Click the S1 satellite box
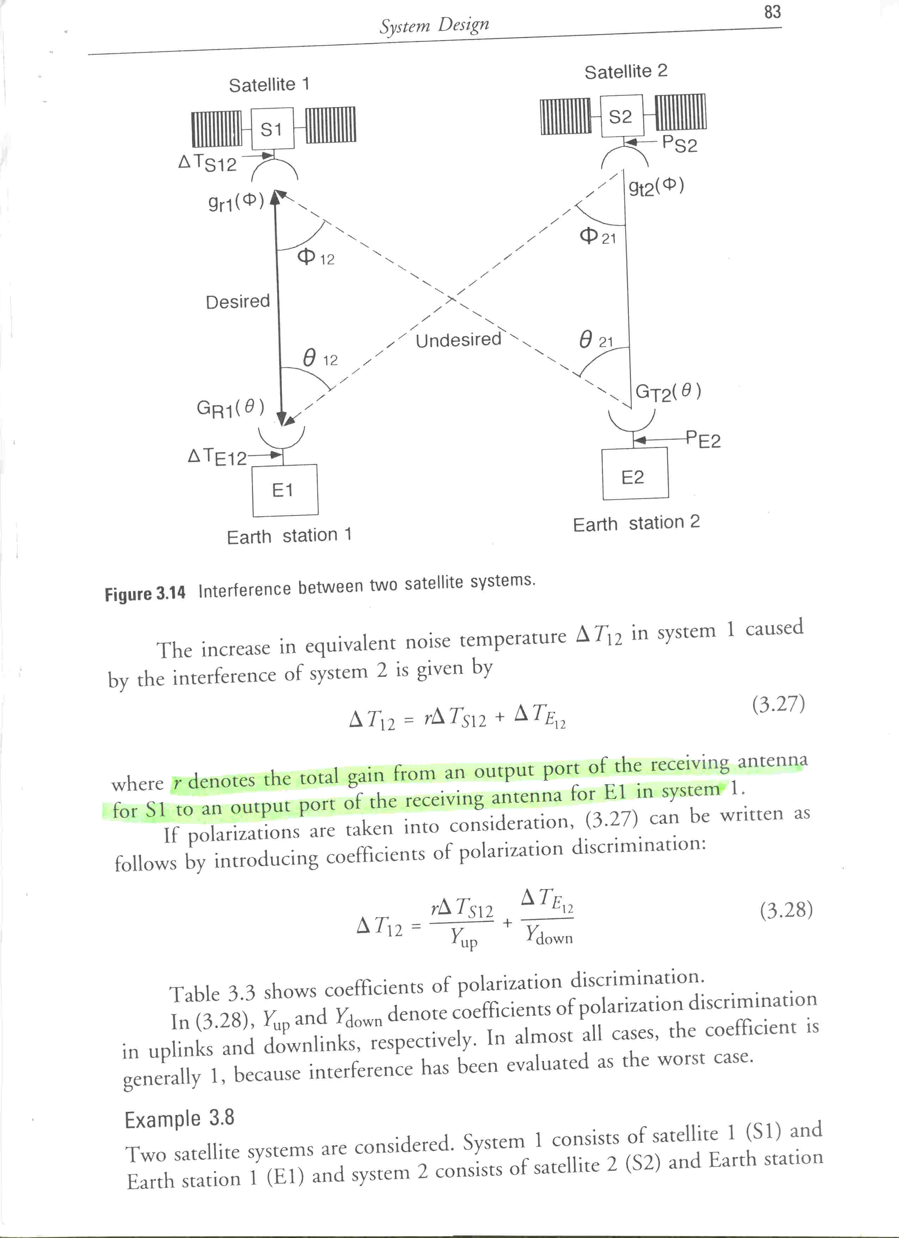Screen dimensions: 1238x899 click(x=272, y=129)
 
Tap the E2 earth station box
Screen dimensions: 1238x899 click(x=635, y=473)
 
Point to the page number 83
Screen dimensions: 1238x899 click(x=772, y=12)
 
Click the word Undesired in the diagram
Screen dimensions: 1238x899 click(x=458, y=340)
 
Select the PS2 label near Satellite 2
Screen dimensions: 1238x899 click(x=679, y=144)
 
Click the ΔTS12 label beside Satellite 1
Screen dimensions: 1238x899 click(x=207, y=162)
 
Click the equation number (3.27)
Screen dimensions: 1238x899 click(x=778, y=704)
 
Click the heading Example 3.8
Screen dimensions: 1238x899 click(x=179, y=1119)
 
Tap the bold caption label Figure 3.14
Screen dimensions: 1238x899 click(x=145, y=593)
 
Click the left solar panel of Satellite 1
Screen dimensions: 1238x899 click(x=216, y=129)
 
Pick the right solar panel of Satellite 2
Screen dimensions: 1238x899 click(x=680, y=112)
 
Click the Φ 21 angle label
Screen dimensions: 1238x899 click(x=597, y=236)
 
